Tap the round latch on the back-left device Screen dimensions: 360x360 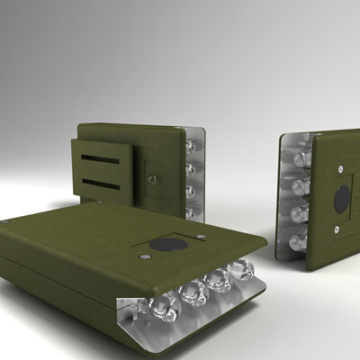point(154,179)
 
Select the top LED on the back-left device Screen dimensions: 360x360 point(190,146)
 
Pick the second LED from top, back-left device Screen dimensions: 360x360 point(190,168)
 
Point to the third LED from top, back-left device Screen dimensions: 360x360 point(190,191)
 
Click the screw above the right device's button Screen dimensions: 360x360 point(343,169)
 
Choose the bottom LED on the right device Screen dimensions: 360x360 point(298,241)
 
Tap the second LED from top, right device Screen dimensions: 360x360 point(300,187)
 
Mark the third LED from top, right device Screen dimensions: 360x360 point(299,215)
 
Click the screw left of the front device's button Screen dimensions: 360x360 point(145,256)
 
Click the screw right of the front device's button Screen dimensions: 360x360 point(202,238)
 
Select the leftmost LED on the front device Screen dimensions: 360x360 point(165,307)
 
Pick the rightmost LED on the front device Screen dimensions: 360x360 point(240,270)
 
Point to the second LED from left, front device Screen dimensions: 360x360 point(193,292)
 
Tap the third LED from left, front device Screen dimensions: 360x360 point(218,281)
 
